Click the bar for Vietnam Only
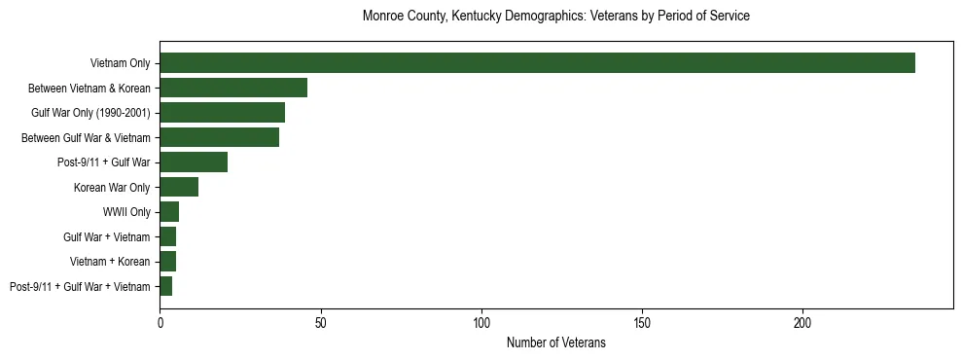point(537,63)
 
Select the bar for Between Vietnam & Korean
point(233,88)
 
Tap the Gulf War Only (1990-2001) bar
point(222,113)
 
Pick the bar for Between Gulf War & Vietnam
point(219,137)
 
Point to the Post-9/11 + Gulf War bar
point(194,162)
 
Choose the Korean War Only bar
point(179,187)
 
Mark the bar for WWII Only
point(169,212)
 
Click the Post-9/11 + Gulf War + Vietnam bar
point(165,286)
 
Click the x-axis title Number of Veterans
point(555,342)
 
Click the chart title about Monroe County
point(555,17)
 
